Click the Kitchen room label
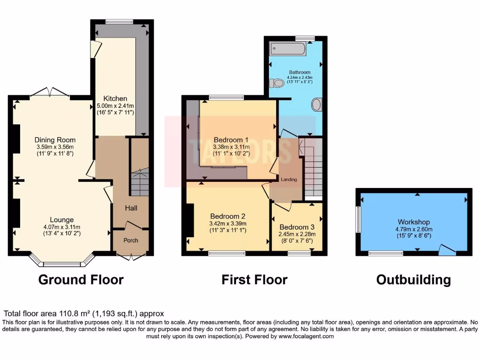[x=115, y=98]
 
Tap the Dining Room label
[x=55, y=140]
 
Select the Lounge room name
[x=62, y=219]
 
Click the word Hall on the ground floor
[x=131, y=208]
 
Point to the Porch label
[x=131, y=240]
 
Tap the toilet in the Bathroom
[x=277, y=83]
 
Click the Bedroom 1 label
[x=231, y=140]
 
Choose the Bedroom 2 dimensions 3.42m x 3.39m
[x=228, y=224]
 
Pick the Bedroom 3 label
[x=297, y=227]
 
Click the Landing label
[x=289, y=180]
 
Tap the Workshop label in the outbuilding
[x=413, y=222]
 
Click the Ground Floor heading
[x=81, y=280]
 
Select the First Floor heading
[x=254, y=280]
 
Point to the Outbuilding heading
[x=413, y=280]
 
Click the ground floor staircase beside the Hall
[x=140, y=183]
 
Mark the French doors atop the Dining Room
[x=51, y=92]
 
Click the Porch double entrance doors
[x=131, y=256]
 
